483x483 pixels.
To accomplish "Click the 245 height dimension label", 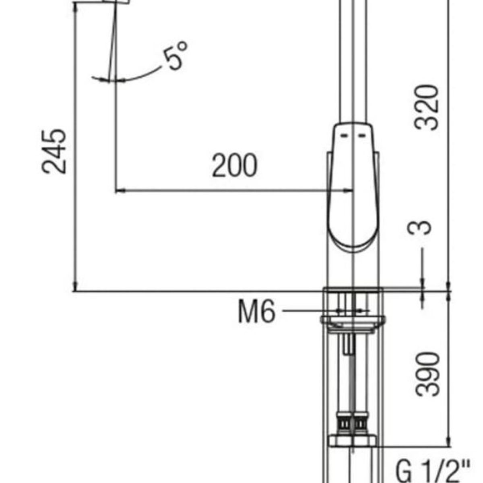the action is (54, 151).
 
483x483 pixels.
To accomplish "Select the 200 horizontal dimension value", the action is (235, 165).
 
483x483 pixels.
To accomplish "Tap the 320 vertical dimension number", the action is (426, 107).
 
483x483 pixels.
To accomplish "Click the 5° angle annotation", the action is (175, 55).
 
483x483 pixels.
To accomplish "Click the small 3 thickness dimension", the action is (419, 227).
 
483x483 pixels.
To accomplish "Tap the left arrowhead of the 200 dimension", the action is (120, 191).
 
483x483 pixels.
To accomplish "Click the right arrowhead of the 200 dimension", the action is (348, 191).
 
